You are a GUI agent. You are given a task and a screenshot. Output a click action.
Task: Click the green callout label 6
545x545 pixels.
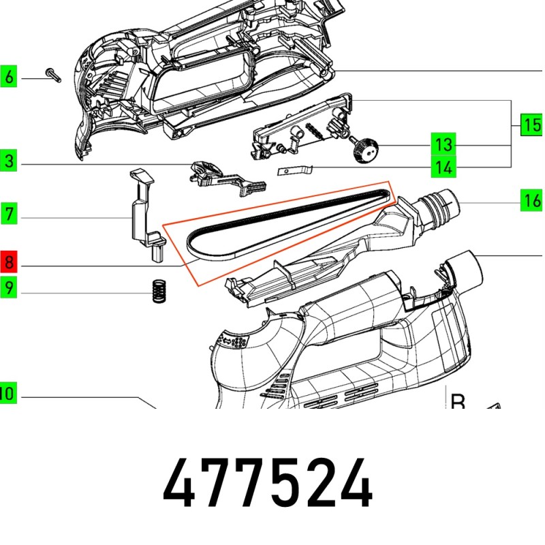8,76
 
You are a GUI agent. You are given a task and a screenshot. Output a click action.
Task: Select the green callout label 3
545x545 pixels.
8,161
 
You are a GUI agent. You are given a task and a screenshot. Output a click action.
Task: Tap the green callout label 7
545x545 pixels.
8,213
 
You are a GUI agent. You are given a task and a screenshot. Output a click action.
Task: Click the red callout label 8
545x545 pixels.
8,262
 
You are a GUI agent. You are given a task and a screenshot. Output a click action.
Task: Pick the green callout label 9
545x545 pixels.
8,287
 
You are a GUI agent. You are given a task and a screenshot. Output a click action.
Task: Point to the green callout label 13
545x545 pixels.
443,144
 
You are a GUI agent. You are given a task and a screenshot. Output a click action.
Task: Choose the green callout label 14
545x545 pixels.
443,166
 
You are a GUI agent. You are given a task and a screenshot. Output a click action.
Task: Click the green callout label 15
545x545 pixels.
532,125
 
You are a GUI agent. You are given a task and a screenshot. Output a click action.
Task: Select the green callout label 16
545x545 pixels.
532,200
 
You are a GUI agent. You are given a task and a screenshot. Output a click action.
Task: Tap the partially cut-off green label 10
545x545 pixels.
7,393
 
